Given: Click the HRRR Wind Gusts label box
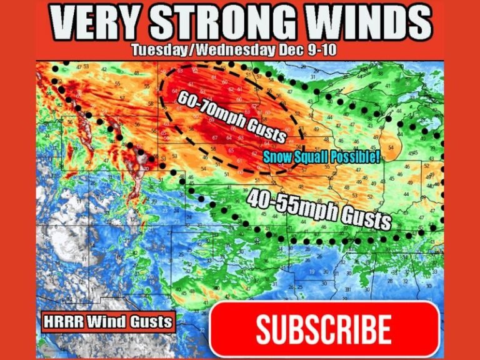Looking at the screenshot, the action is pos(107,322).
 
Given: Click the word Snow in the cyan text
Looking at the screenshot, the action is pos(275,156).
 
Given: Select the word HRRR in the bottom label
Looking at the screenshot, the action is pos(62,322).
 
